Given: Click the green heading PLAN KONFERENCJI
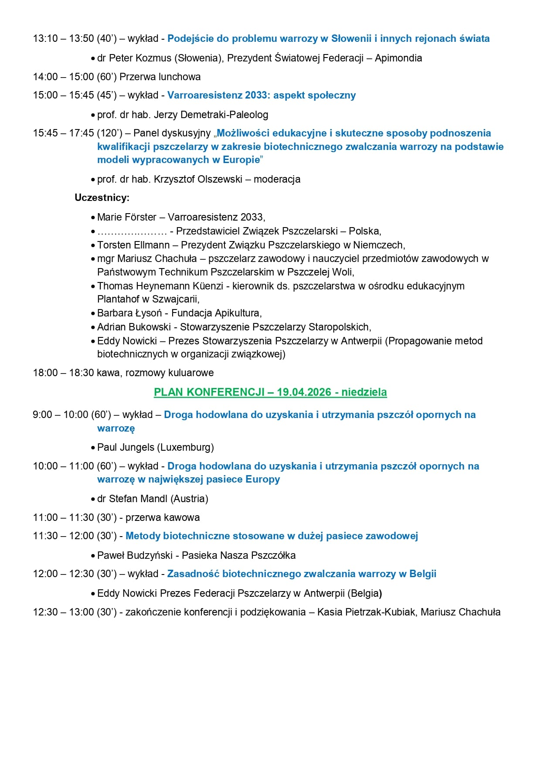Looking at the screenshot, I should pos(270,392).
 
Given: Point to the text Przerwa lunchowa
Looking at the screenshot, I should pos(160,77).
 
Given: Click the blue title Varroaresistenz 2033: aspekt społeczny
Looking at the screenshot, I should pos(262,95).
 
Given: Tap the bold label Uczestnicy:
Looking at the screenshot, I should pos(102,198).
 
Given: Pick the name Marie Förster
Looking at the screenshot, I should pos(127,217).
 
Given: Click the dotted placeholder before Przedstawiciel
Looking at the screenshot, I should pos(132,231).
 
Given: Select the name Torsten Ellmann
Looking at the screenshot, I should pos(133,245).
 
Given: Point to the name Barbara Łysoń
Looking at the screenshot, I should pos(129,313).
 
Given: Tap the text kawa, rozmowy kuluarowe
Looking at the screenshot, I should pos(170,373).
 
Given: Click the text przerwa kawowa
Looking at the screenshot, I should pos(163,517).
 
